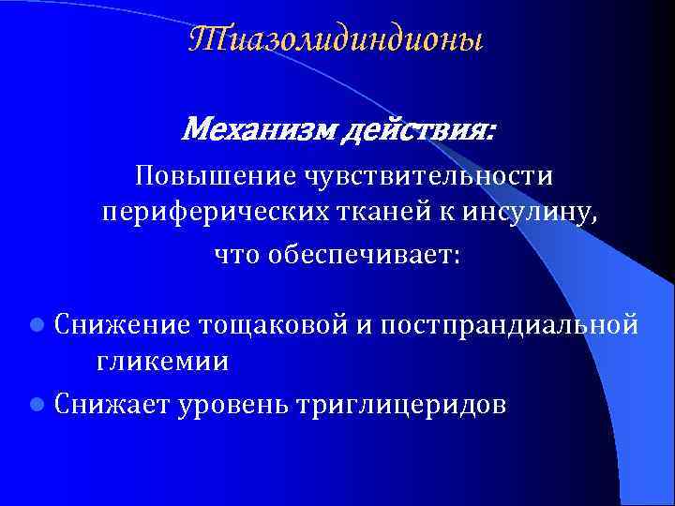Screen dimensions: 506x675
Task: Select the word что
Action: [x=239, y=255]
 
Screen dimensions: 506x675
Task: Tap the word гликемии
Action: [x=161, y=364]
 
